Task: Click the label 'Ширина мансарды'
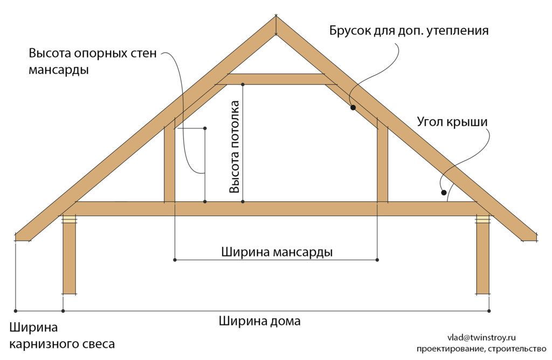point(277,252)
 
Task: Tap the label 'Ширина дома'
point(260,321)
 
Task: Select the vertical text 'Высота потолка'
point(234,147)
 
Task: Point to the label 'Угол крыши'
point(452,122)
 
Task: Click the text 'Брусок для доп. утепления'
point(409,31)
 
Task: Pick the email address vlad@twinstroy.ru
point(481,337)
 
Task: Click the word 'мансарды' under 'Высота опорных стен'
point(58,70)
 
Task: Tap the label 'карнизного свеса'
point(62,344)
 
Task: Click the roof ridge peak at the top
point(277,16)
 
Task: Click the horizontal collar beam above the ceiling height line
point(277,79)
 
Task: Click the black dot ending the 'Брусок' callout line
point(353,107)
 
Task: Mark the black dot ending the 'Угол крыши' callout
point(444,192)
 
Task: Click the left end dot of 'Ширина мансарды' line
point(175,260)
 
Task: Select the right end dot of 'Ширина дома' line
point(489,311)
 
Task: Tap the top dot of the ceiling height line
point(243,85)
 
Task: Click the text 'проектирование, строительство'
point(481,349)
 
